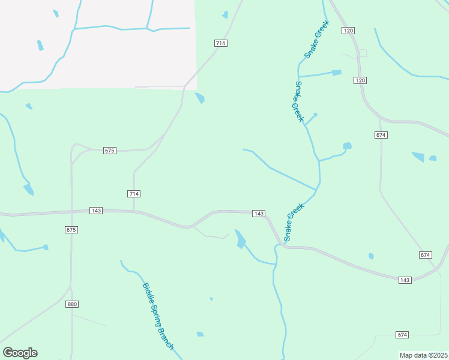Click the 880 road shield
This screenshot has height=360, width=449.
72,304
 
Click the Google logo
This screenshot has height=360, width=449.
20,353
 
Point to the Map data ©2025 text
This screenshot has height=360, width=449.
423,355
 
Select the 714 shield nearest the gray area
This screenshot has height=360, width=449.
221,43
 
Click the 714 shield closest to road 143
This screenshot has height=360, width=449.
134,193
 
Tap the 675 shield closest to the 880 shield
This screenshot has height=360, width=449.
71,230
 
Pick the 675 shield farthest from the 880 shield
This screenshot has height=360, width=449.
109,151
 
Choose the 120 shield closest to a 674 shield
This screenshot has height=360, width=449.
360,80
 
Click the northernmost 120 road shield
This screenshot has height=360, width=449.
348,30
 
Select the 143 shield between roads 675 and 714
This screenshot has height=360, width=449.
96,211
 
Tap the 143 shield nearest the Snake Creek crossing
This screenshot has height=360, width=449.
259,214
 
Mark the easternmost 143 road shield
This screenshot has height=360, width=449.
405,280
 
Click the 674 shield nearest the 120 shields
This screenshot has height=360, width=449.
381,135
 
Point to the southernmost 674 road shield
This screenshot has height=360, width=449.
402,334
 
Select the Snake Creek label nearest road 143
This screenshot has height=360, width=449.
294,223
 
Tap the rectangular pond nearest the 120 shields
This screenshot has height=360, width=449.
337,73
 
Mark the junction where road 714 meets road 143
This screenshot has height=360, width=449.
133,211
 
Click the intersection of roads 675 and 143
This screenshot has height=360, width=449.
71,211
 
